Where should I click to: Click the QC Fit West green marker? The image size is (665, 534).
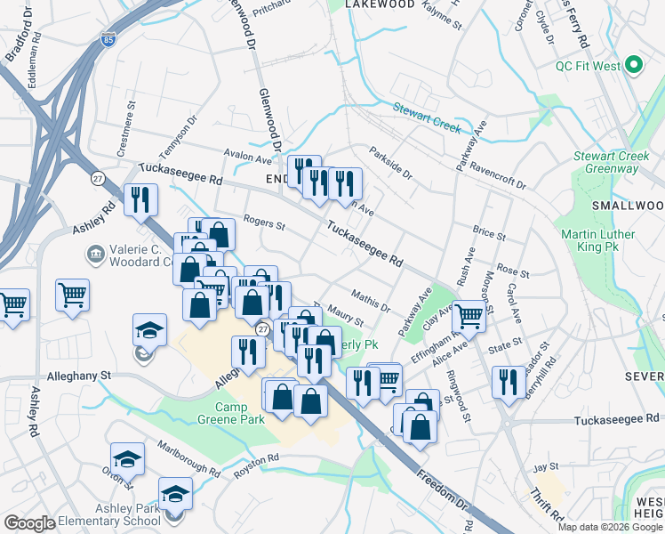[x=634, y=65]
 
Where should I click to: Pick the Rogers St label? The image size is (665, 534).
[x=263, y=225]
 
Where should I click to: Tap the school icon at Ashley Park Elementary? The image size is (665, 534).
[x=175, y=494]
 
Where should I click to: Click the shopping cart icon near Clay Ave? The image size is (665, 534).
[x=469, y=315]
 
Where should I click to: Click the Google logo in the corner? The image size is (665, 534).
[x=29, y=523]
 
